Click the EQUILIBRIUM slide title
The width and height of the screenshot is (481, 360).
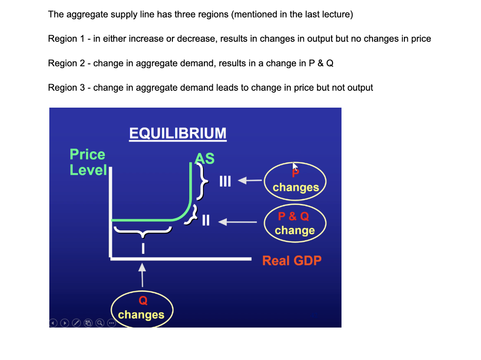tap(178, 133)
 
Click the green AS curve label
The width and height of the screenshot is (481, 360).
tap(205, 158)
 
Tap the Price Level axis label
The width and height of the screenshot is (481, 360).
tap(88, 162)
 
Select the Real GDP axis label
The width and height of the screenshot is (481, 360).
tap(292, 260)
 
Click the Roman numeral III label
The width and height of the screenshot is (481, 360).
tap(225, 181)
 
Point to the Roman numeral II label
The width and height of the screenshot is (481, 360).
tap(206, 220)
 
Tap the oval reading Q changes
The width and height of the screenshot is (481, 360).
tap(142, 309)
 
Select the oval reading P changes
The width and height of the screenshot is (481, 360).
tap(295, 181)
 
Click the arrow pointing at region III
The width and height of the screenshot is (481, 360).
tap(249, 180)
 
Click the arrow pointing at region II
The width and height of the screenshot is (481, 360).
tap(238, 221)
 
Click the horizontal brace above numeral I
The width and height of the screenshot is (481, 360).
tap(143, 231)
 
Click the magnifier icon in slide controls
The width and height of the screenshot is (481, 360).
tap(100, 323)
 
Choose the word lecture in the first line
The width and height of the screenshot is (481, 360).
tap(337, 14)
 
